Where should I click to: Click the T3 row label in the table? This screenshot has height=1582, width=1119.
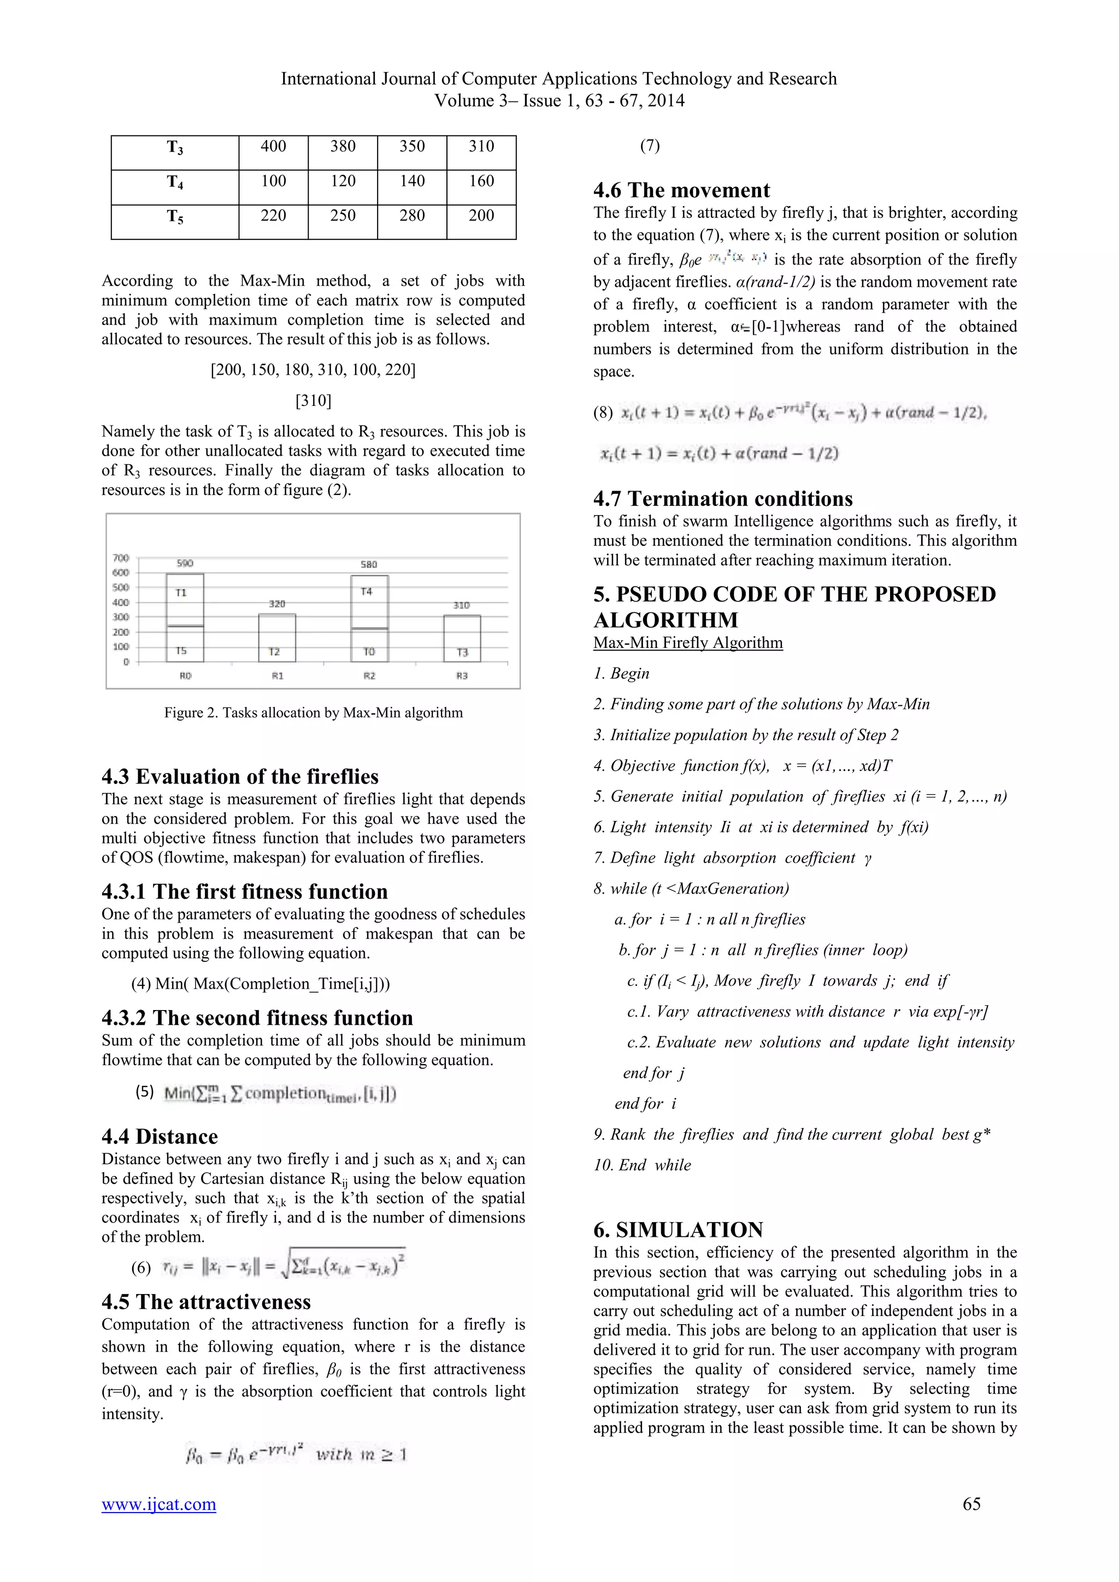click(x=175, y=147)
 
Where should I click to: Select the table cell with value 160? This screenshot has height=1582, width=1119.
click(x=481, y=181)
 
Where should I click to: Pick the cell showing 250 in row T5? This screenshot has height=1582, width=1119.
click(x=343, y=216)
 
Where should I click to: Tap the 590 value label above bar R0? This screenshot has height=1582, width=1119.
click(x=185, y=563)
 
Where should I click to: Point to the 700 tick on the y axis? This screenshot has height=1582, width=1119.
click(x=121, y=557)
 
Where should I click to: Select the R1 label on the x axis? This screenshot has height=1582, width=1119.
click(x=278, y=676)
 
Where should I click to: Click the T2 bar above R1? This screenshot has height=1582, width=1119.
click(x=277, y=637)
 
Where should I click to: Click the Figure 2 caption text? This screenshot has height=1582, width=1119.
click(x=314, y=712)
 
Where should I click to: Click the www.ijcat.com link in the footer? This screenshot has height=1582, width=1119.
click(x=158, y=1504)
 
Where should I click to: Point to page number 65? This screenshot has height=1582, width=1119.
click(x=971, y=1504)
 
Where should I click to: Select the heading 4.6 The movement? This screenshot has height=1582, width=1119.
click(x=681, y=190)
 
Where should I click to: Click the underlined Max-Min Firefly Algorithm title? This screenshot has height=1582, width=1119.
click(x=688, y=643)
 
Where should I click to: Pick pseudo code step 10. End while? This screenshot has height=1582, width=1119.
click(x=642, y=1165)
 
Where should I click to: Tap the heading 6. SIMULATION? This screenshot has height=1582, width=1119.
click(x=678, y=1230)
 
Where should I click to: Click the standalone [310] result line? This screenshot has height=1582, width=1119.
click(x=314, y=400)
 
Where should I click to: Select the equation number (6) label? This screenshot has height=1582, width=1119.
click(x=142, y=1268)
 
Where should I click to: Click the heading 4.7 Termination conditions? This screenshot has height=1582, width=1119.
click(x=723, y=499)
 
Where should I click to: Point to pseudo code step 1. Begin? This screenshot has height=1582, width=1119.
click(x=621, y=673)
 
